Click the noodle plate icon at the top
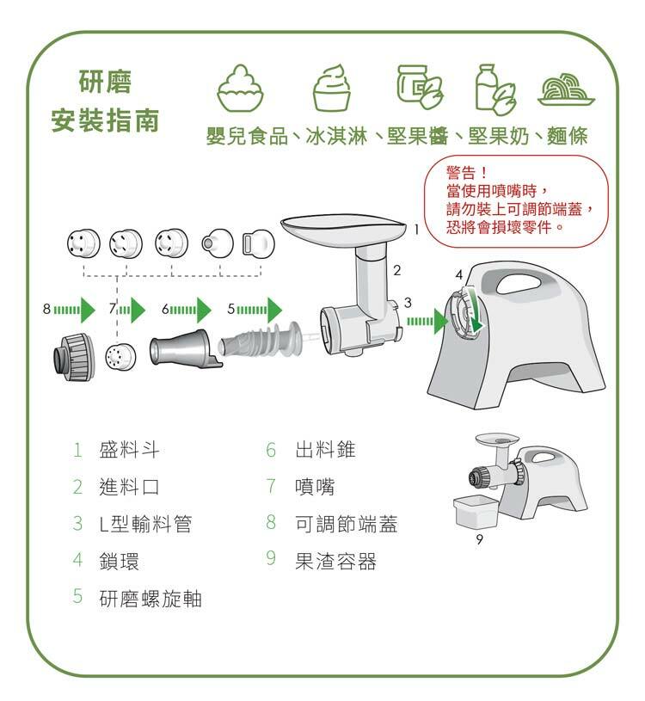coord(567,89)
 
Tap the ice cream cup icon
coord(332,87)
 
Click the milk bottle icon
coord(495,89)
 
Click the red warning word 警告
coord(460,173)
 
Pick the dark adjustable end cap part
coord(74,357)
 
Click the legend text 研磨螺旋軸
coord(150,598)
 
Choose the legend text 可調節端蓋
coord(346,523)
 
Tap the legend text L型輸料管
coord(145,524)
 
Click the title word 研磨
coord(105,82)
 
